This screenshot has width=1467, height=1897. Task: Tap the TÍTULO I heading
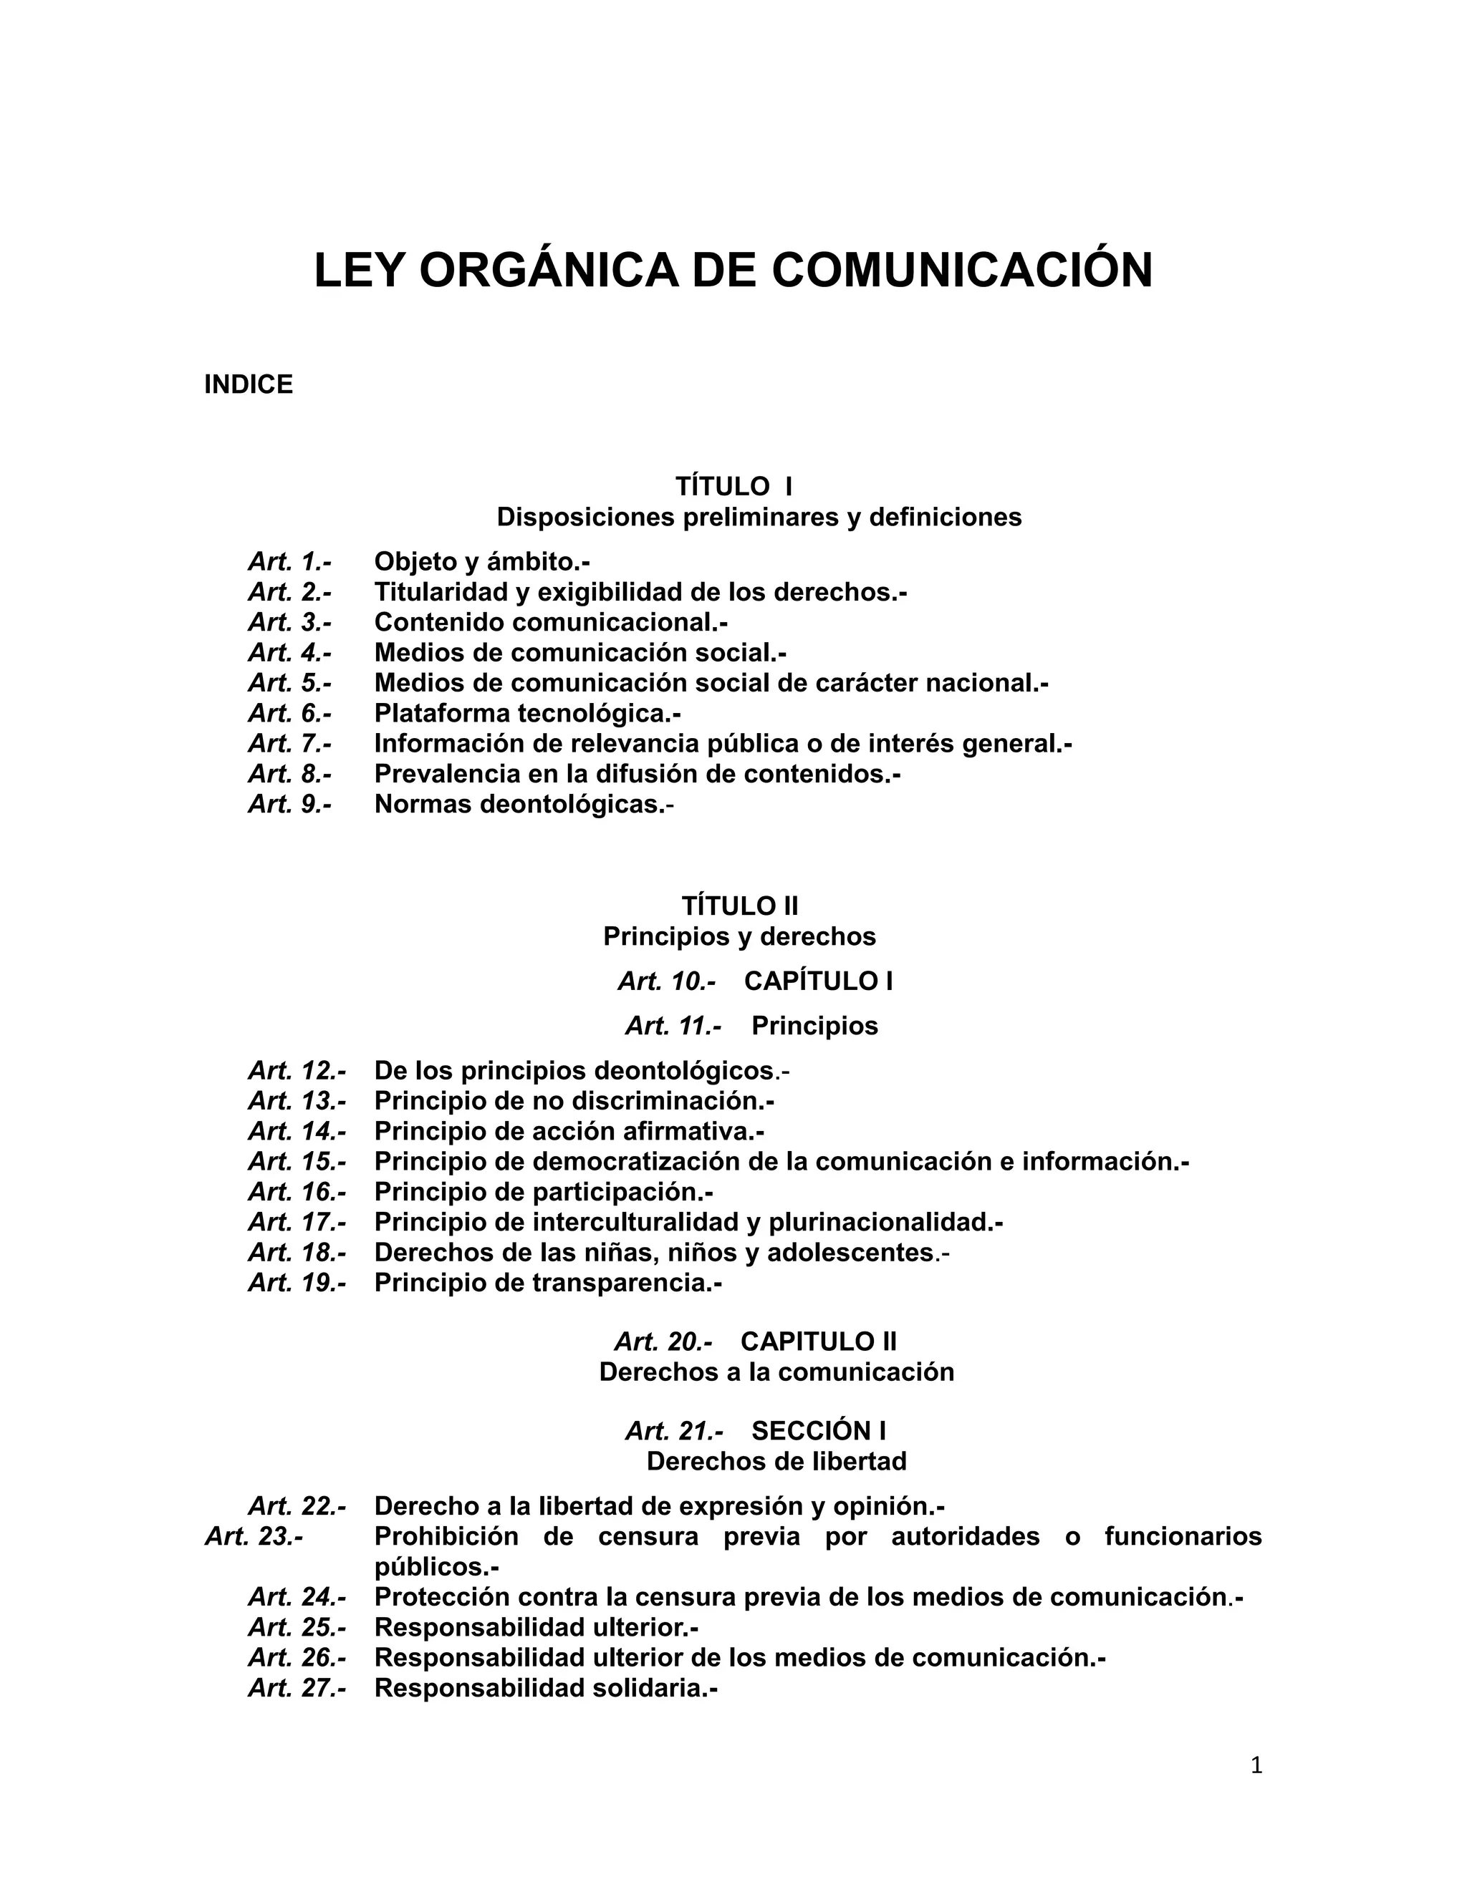[733, 485]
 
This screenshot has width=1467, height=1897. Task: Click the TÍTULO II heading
[739, 906]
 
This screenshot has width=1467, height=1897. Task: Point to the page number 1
[1256, 1765]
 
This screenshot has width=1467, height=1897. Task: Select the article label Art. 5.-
[289, 683]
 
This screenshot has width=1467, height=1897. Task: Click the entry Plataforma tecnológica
[526, 713]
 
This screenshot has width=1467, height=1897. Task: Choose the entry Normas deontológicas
[523, 805]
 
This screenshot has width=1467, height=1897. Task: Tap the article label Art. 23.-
[254, 1536]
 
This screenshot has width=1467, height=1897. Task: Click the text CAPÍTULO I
[819, 981]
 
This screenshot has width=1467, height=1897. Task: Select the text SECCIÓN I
[819, 1430]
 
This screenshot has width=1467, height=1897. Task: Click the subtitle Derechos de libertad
[776, 1461]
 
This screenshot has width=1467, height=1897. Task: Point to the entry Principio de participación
[543, 1192]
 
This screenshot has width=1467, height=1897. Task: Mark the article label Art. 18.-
[297, 1253]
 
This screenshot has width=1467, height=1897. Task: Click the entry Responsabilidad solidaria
[545, 1689]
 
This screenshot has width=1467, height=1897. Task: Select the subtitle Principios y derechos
[739, 936]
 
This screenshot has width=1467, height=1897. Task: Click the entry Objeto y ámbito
[481, 562]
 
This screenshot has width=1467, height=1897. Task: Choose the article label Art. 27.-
[297, 1689]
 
